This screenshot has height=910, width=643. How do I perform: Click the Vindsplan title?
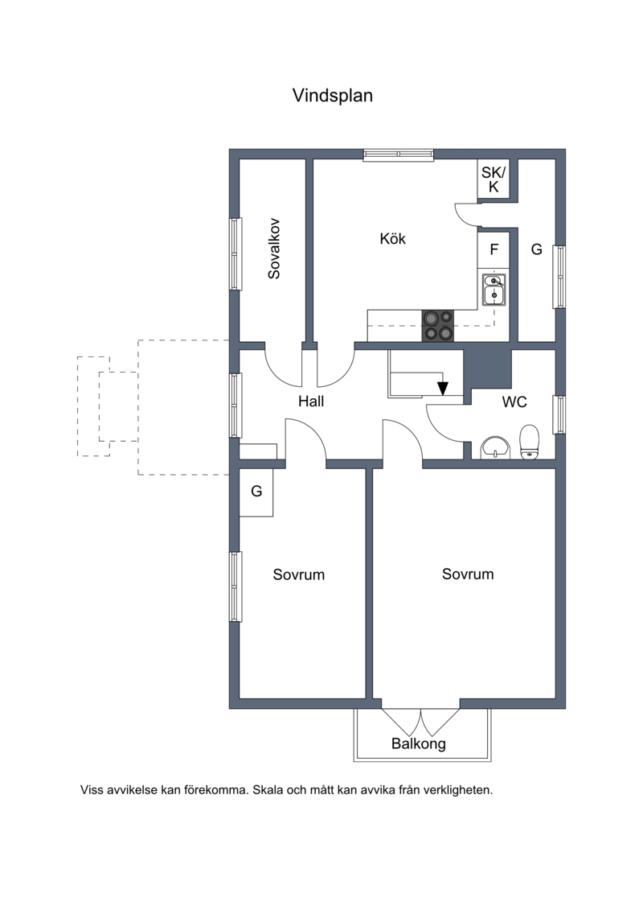coord(332,95)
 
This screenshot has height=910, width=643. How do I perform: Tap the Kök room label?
coord(392,238)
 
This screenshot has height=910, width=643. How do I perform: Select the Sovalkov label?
coord(273,249)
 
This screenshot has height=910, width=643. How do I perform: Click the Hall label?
coord(311,401)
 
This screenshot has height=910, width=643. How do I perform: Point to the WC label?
coord(514,401)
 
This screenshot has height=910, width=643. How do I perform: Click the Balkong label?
coord(419,744)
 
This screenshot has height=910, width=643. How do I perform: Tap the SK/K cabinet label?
coord(494,179)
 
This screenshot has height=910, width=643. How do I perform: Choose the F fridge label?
coord(494,249)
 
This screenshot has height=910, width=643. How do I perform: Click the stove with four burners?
coord(438,326)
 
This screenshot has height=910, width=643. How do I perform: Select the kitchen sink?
coord(494,290)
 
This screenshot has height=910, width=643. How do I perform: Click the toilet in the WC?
coord(529,442)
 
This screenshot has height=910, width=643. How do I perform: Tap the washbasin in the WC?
coord(495,447)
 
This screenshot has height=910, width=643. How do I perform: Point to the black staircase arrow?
coord(442,387)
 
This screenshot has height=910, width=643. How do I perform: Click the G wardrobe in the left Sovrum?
coord(256,492)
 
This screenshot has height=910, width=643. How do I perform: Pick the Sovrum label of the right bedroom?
coord(468,574)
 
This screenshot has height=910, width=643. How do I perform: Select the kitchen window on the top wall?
coord(399,154)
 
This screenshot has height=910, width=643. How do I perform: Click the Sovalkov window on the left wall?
coord(235,254)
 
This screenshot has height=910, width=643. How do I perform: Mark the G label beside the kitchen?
coord(537,249)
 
